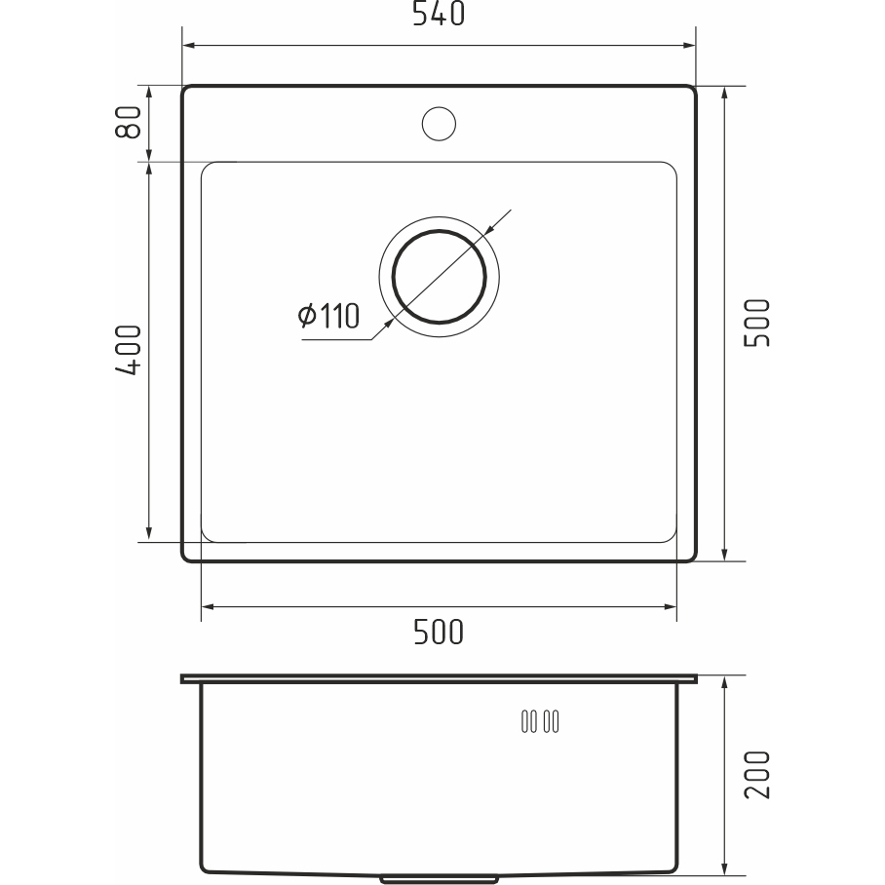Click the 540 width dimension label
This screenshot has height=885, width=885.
(x=439, y=14)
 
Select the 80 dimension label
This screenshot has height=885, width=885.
(x=128, y=122)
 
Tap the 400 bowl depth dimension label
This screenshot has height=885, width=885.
(x=128, y=350)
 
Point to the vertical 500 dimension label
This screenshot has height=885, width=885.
(x=757, y=323)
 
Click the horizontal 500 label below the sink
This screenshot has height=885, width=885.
(x=439, y=633)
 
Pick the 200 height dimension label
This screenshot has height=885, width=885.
(x=757, y=774)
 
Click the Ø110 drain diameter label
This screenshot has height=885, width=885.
(x=328, y=316)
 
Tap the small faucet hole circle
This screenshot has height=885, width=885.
(x=439, y=124)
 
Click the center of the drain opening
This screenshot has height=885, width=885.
(x=440, y=277)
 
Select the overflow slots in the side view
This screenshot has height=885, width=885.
(x=540, y=721)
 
